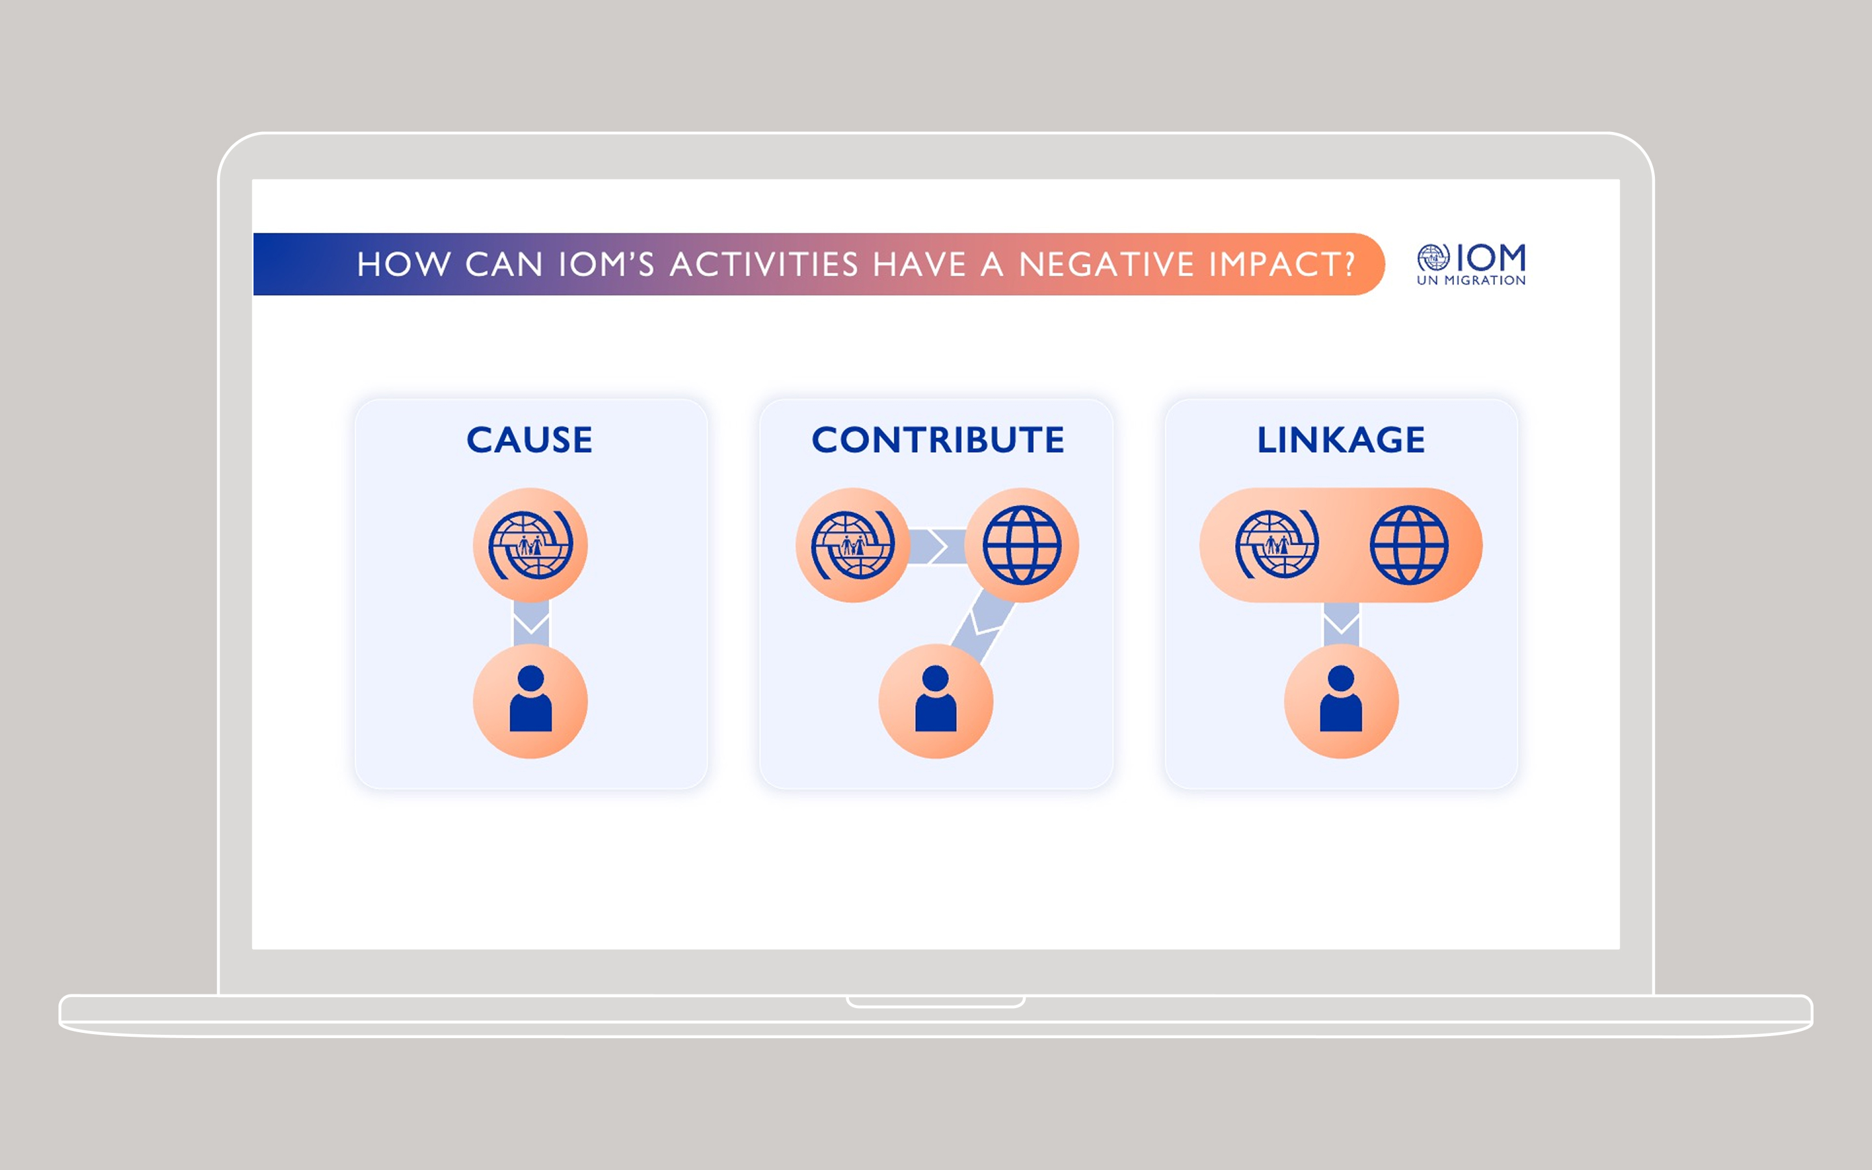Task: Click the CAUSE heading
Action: (529, 439)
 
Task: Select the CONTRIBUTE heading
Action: (937, 439)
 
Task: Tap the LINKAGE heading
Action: (1340, 439)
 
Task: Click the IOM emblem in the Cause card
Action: (530, 545)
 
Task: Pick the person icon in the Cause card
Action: (530, 698)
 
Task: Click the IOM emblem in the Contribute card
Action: (852, 545)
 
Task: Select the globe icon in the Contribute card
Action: (1022, 545)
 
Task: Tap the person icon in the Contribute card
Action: (936, 698)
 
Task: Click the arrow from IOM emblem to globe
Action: (937, 546)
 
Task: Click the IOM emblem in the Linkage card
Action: (1277, 545)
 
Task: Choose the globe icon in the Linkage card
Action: (1409, 545)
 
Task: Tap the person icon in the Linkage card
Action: (1340, 698)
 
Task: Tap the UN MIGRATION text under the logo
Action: (1472, 280)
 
